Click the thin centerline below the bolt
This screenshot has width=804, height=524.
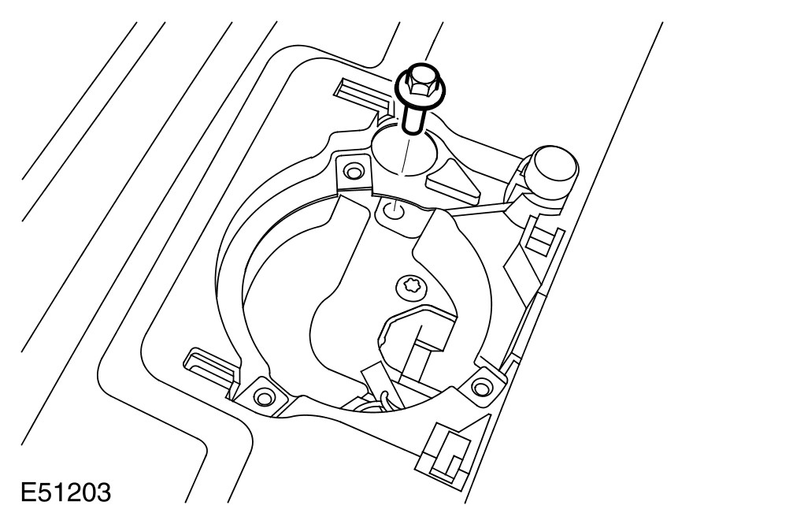point(405,154)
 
